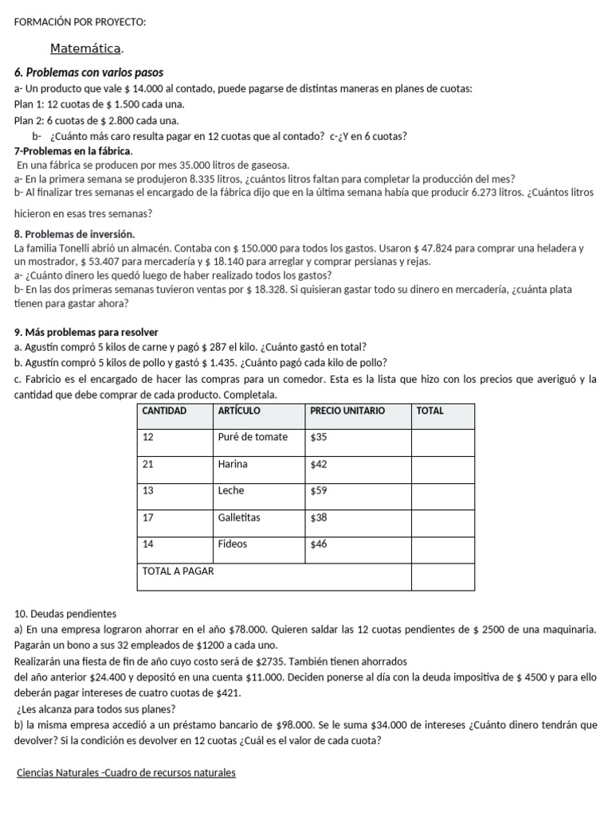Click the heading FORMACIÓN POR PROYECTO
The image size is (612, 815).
80,21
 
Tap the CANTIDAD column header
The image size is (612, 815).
164,411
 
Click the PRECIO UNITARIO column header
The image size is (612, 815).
347,411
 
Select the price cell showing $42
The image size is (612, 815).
319,464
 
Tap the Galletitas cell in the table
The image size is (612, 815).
239,517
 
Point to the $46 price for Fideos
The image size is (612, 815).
319,544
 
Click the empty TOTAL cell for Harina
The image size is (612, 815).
442,465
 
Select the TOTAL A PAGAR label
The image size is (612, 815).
178,571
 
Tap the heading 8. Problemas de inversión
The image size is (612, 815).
75,234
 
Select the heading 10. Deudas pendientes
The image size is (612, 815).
65,614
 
